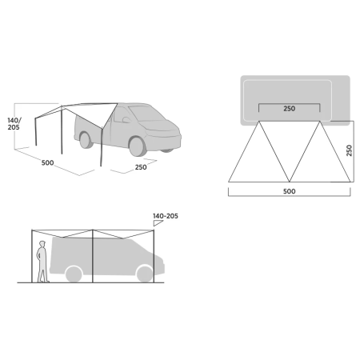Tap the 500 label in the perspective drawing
(49, 162)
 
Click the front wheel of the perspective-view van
(138, 145)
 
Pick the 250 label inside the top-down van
(290, 109)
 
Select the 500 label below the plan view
(289, 191)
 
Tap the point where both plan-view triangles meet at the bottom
(289, 180)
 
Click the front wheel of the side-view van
(144, 274)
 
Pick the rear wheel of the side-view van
(74, 274)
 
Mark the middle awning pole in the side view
(93, 256)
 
